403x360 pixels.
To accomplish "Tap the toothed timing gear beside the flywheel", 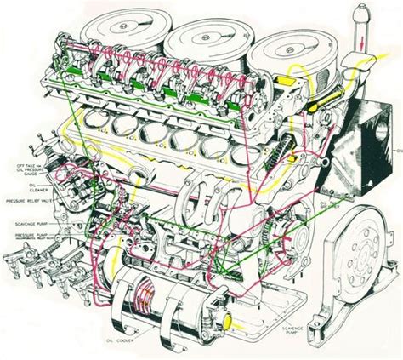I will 283,235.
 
